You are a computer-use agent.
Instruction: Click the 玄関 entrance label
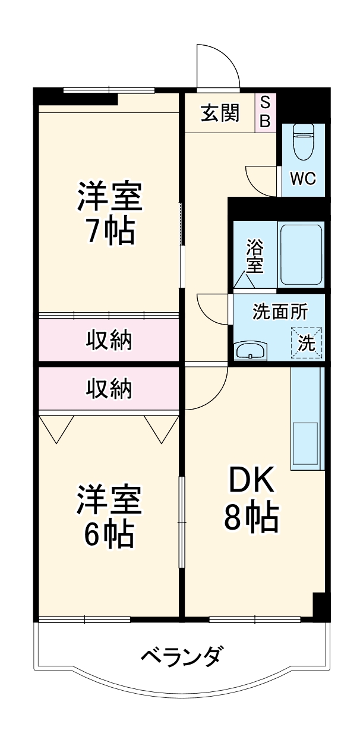pyautogui.click(x=219, y=113)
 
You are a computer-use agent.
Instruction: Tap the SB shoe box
pyautogui.click(x=266, y=112)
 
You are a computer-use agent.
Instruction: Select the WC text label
pyautogui.click(x=302, y=179)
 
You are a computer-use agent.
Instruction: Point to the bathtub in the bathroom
pyautogui.click(x=301, y=254)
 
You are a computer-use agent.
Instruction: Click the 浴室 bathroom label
pyautogui.click(x=255, y=256)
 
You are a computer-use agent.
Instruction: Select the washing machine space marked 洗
pyautogui.click(x=307, y=343)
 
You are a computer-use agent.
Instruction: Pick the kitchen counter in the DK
pyautogui.click(x=307, y=418)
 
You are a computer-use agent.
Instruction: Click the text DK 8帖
pyautogui.click(x=251, y=500)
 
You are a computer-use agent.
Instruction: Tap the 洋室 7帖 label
pyautogui.click(x=109, y=213)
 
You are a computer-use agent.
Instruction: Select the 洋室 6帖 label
pyautogui.click(x=109, y=515)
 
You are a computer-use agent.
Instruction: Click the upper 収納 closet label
pyautogui.click(x=109, y=341)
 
